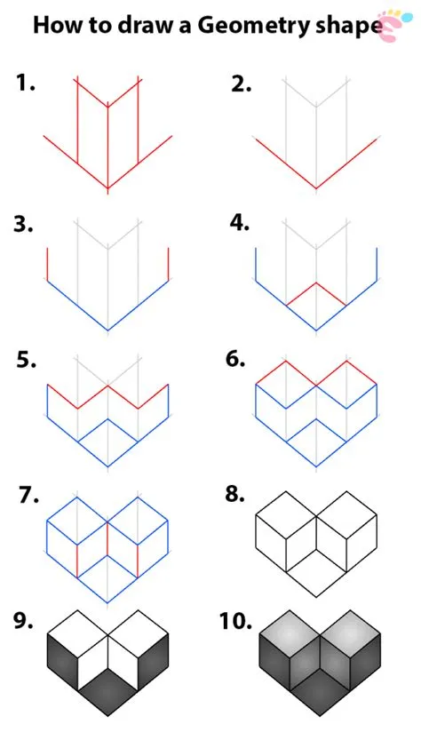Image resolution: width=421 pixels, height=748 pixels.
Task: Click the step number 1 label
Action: [x=25, y=84]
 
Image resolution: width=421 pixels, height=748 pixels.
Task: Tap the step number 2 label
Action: [x=241, y=84]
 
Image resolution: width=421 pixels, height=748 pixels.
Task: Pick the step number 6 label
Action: [x=235, y=359]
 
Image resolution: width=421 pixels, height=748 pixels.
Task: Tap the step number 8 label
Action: [x=235, y=495]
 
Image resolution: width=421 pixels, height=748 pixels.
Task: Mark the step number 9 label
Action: [x=24, y=621]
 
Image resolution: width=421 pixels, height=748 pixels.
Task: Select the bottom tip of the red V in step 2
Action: [x=316, y=188]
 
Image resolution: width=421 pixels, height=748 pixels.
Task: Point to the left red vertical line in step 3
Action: [x=47, y=265]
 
